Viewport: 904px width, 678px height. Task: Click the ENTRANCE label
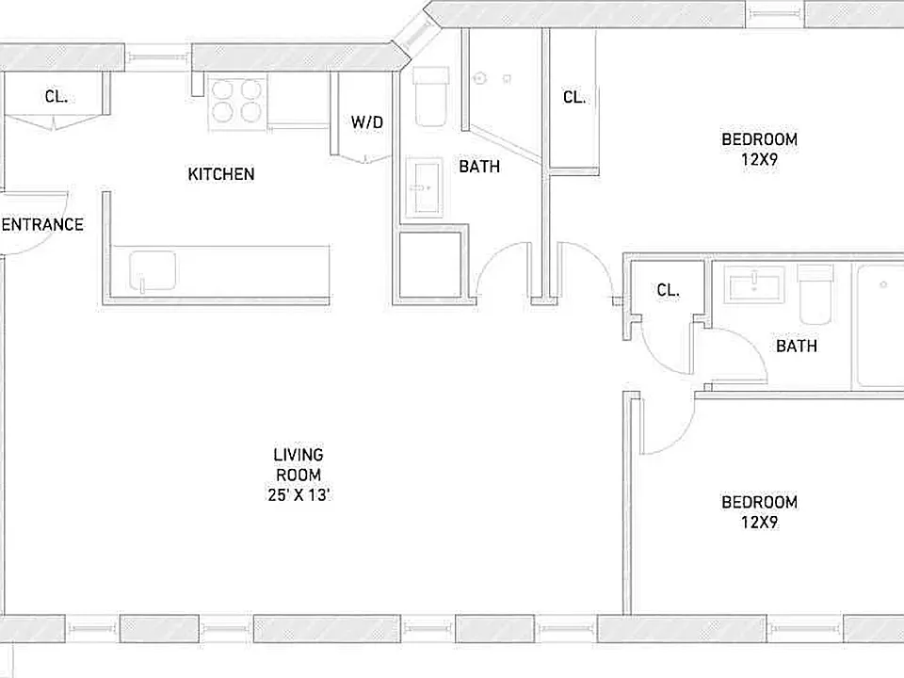coord(42,224)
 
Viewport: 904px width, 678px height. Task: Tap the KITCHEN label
coord(220,173)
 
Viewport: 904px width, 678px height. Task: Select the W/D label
coord(366,122)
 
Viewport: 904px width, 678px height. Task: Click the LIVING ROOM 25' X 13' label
coord(299,475)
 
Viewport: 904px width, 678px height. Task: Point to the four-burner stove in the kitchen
coord(237,102)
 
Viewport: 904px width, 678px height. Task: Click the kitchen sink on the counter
coord(153,270)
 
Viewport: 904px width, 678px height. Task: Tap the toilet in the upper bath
coord(431,96)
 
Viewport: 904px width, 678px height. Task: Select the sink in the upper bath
coord(425,186)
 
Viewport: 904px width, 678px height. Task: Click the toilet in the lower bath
coord(815,294)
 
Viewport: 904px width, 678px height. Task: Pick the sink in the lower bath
coord(754,284)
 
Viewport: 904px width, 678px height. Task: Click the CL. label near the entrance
coord(56,96)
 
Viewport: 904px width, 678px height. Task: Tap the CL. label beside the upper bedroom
coord(574,97)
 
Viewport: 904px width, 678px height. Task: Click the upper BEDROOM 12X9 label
coord(759,149)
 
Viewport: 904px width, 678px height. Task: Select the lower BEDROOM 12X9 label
coord(759,511)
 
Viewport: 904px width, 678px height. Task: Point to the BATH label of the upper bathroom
coord(479,166)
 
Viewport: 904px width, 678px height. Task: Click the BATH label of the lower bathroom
coord(797,346)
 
